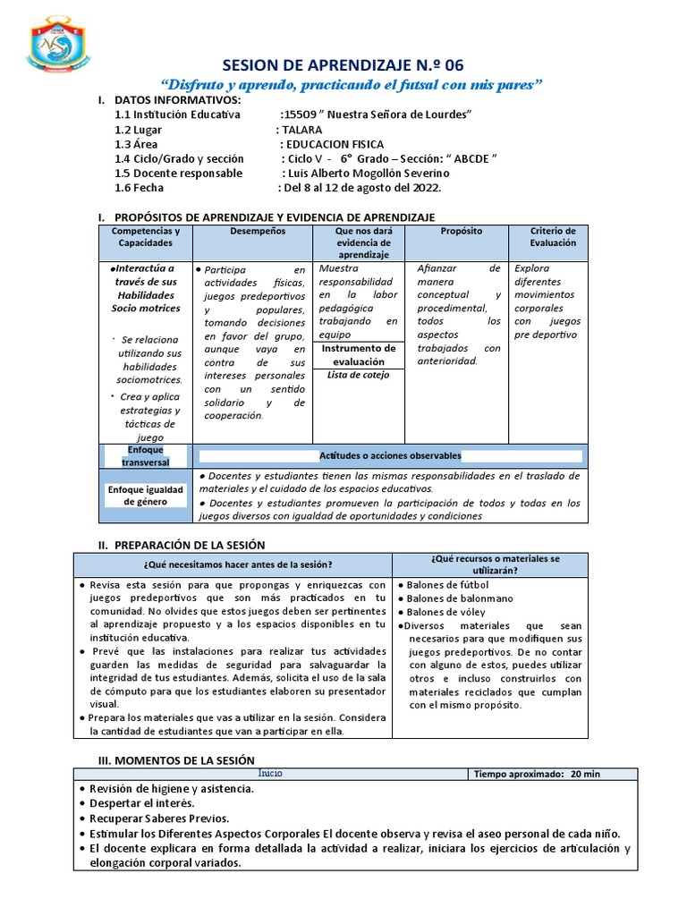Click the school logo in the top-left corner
[x=59, y=45]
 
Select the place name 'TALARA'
[x=304, y=129]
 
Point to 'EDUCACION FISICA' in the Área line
[x=334, y=144]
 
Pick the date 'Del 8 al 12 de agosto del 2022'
[x=362, y=188]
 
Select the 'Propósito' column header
[x=461, y=231]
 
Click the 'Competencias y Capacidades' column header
[x=145, y=236]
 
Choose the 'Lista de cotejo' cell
[x=358, y=375]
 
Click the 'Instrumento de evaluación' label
[x=358, y=355]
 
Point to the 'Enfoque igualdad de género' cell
[x=145, y=496]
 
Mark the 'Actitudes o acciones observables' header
[x=390, y=455]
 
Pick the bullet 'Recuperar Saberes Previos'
[x=159, y=818]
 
